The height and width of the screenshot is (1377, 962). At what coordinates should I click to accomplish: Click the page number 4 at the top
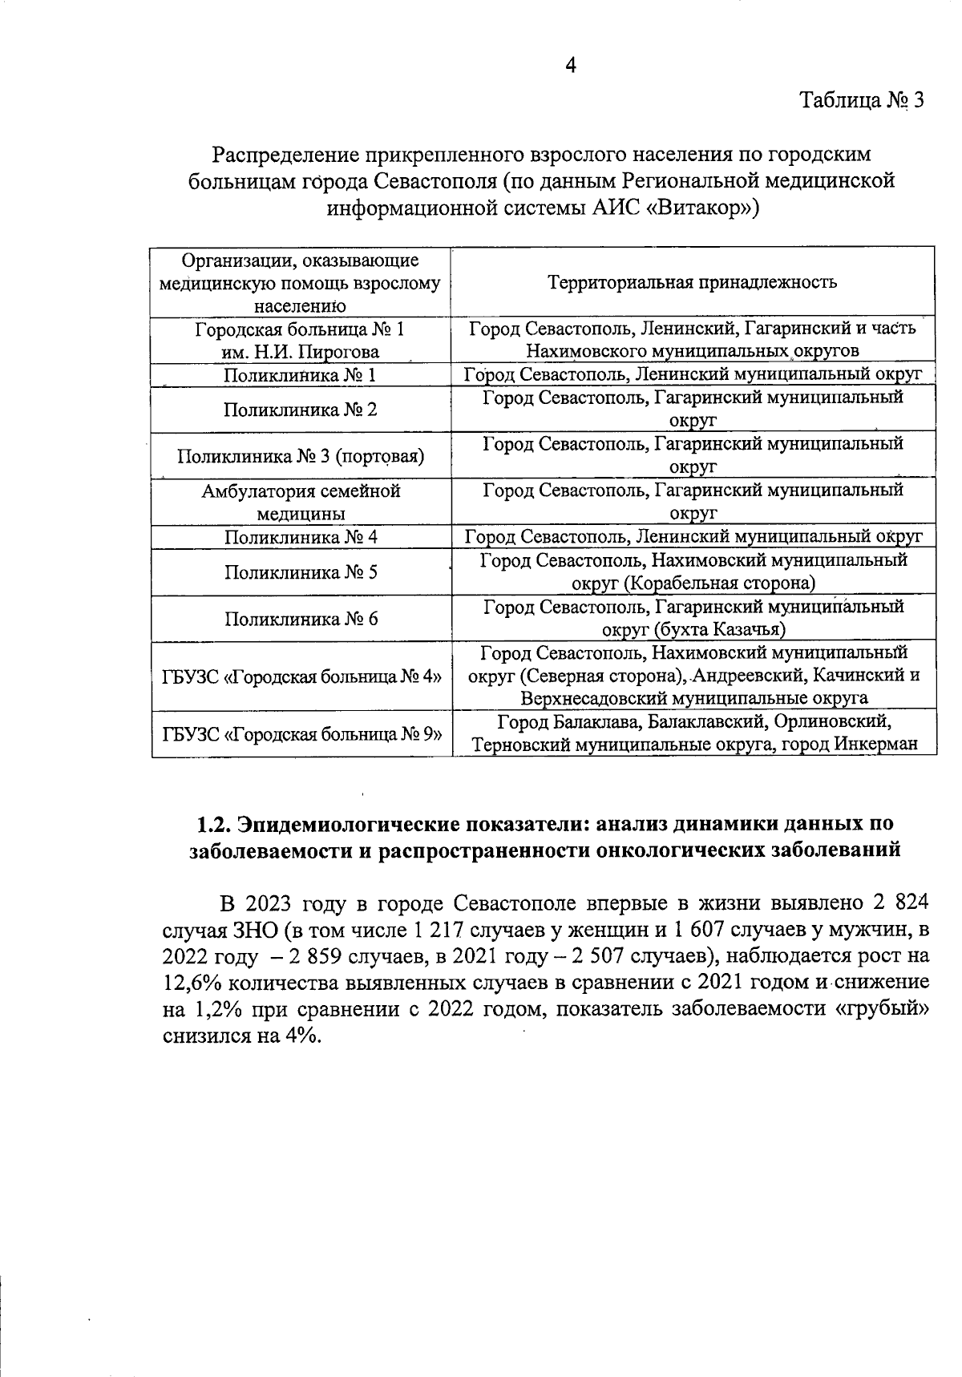[571, 66]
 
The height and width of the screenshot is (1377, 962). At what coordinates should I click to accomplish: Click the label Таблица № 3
[862, 101]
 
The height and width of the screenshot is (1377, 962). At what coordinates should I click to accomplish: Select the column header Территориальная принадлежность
[693, 282]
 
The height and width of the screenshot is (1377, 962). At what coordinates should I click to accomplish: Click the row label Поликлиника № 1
[300, 375]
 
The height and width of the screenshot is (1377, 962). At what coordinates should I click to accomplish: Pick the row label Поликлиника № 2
[300, 410]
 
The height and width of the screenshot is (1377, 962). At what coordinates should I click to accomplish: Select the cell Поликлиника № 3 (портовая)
[300, 456]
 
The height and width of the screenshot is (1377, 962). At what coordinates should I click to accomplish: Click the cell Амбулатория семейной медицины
[300, 502]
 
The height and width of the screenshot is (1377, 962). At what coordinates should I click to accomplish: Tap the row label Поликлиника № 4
[300, 536]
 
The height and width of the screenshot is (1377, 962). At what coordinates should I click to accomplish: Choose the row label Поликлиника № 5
[300, 572]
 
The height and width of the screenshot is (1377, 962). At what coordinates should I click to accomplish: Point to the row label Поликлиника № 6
[300, 619]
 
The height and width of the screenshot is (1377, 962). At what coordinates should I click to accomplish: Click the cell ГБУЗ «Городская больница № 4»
[301, 676]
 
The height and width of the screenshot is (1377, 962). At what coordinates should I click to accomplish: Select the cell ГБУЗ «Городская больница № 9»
[301, 733]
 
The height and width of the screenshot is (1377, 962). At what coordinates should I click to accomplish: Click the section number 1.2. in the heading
[215, 824]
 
